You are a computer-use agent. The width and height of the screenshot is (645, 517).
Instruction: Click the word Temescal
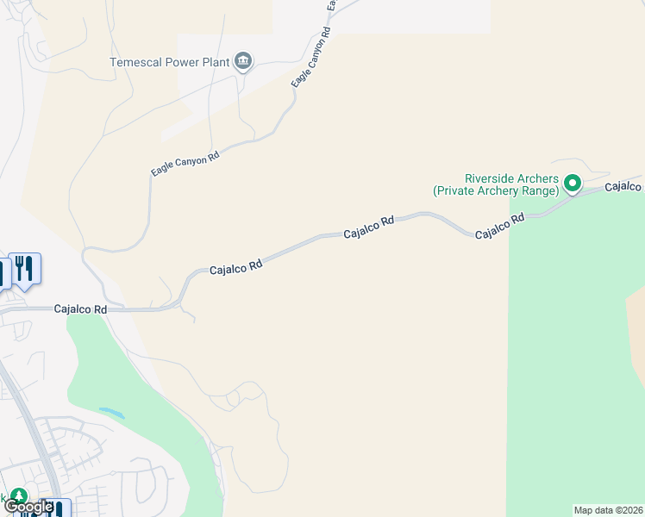tap(138, 62)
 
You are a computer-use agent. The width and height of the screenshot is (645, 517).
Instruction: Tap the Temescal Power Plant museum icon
tap(244, 61)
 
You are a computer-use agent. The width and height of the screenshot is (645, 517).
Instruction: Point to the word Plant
tap(215, 62)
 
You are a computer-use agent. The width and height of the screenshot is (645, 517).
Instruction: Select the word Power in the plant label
tap(183, 62)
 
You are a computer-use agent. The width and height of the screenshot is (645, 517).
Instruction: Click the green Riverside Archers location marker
tap(573, 183)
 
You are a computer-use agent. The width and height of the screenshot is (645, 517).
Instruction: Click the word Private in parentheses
tap(458, 190)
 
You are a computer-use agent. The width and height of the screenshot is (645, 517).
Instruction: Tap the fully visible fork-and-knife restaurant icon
tap(24, 268)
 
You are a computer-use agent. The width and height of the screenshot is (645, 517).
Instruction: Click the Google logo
tap(28, 508)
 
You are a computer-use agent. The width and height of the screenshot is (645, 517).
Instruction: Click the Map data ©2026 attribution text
tap(608, 510)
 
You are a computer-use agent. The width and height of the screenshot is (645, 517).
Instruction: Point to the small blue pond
tap(111, 413)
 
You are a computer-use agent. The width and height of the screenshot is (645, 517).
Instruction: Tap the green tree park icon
tap(18, 498)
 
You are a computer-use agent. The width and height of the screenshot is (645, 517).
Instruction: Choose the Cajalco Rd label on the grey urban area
tap(80, 308)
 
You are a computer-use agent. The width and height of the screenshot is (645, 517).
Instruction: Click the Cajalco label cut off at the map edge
tap(623, 186)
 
